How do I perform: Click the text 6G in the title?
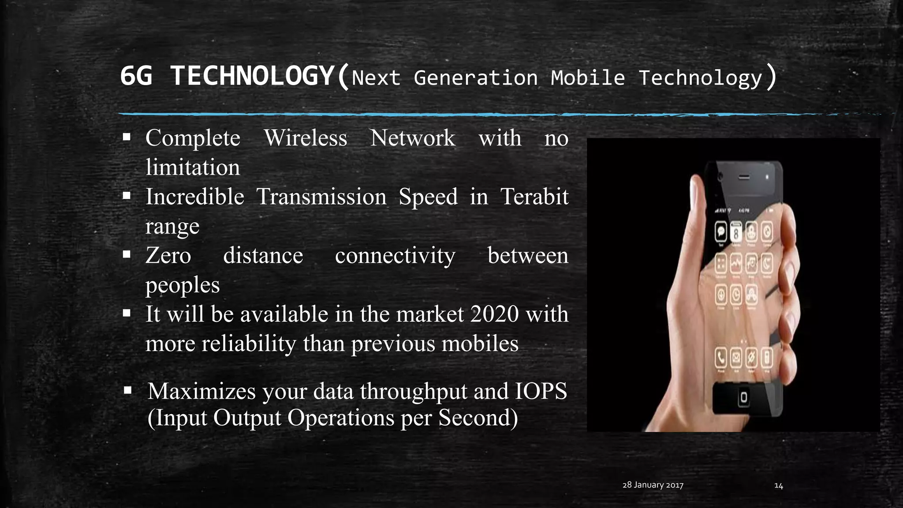tap(136, 76)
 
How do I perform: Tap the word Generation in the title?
tap(476, 78)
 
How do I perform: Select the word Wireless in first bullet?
tap(306, 138)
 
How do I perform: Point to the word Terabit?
tap(534, 197)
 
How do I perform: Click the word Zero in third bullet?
tap(168, 255)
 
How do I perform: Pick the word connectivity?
tap(395, 256)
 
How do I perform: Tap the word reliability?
tap(249, 344)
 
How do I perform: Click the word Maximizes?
tap(201, 391)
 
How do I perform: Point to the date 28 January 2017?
tap(653, 485)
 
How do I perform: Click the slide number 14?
tap(779, 486)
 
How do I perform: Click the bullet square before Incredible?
tap(127, 196)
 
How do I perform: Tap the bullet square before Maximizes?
tap(128, 390)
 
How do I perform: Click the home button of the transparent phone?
tap(743, 397)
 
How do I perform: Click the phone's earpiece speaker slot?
tap(744, 177)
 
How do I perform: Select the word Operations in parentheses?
tap(341, 418)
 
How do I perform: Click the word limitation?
tap(193, 168)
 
